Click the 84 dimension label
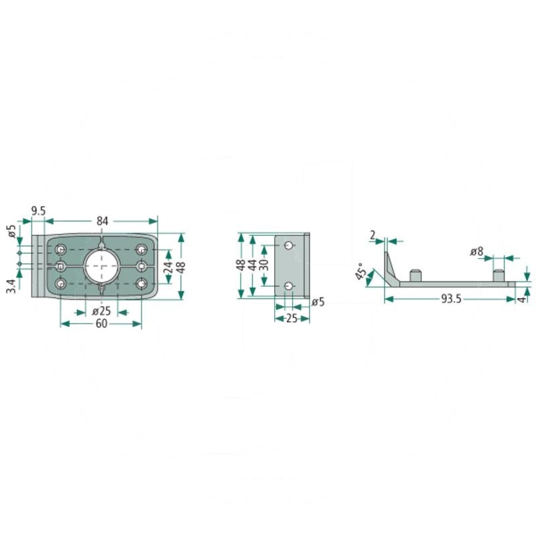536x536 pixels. point(103,221)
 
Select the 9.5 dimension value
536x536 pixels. point(38,211)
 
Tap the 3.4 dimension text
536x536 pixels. point(11,286)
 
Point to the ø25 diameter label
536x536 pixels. point(102,311)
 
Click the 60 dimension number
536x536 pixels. point(102,324)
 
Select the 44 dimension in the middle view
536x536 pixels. point(253,265)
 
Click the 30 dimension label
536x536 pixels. point(264,265)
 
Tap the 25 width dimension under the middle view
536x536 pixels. point(291,319)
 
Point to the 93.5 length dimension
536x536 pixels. point(451,299)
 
